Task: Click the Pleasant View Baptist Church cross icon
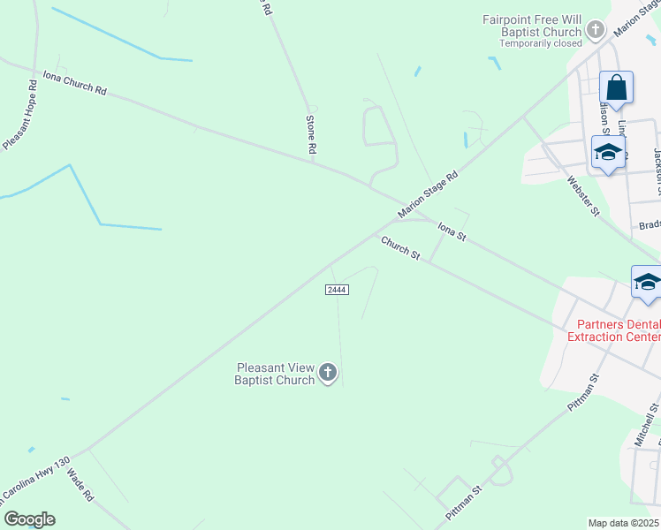point(328,374)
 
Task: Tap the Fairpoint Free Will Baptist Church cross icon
point(596,31)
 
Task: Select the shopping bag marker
point(616,88)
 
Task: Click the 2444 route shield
point(336,290)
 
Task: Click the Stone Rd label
point(311,135)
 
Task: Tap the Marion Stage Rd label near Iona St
point(429,194)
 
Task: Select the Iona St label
point(452,232)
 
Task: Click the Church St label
point(400,247)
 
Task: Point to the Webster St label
point(583,197)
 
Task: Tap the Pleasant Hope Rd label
point(19,115)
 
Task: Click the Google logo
point(29,519)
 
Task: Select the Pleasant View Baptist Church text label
point(275,374)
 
